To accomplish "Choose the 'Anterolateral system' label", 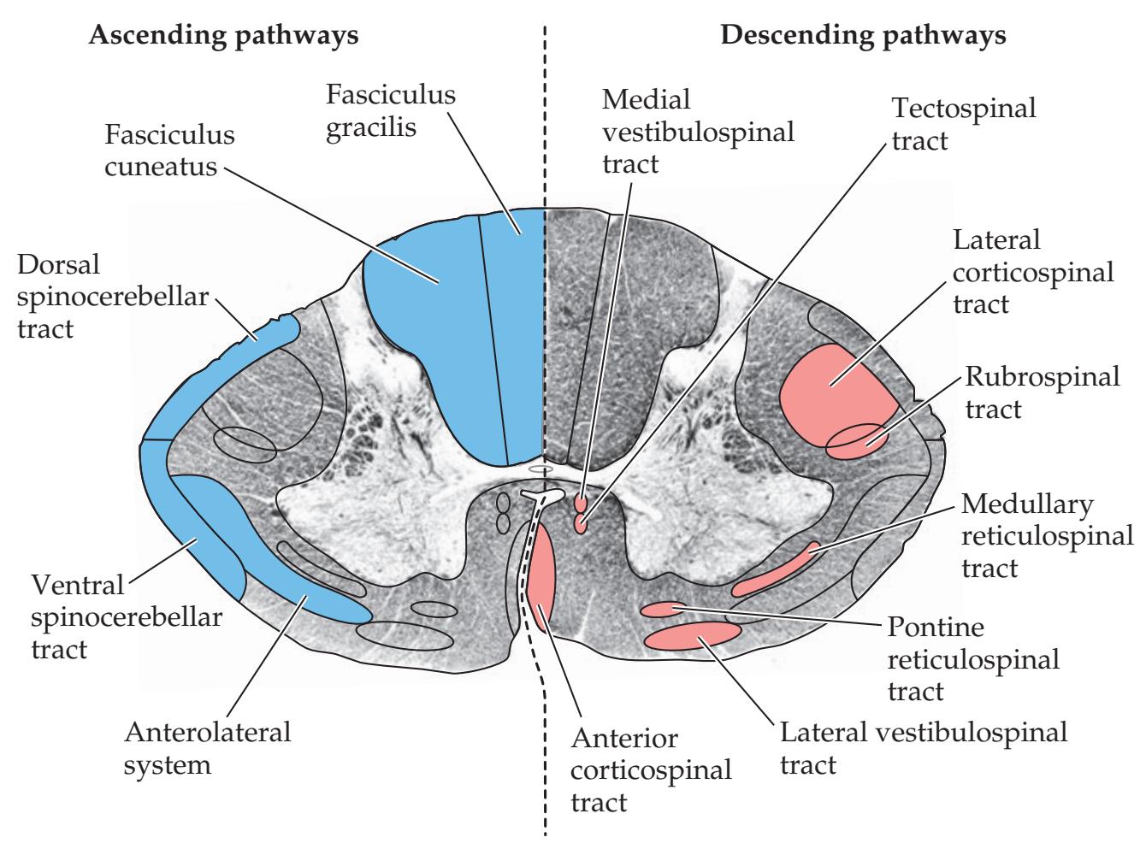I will pyautogui.click(x=208, y=747).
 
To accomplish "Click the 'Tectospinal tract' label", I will pyautogui.click(x=964, y=123).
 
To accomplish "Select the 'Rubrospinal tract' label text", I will pyautogui.click(x=1042, y=392).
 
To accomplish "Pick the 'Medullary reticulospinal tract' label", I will pyautogui.click(x=1047, y=536).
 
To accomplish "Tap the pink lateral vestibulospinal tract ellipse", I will pyautogui.click(x=693, y=636).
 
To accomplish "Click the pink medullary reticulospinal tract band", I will pyautogui.click(x=774, y=571).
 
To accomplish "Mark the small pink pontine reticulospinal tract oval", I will pyautogui.click(x=663, y=610).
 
